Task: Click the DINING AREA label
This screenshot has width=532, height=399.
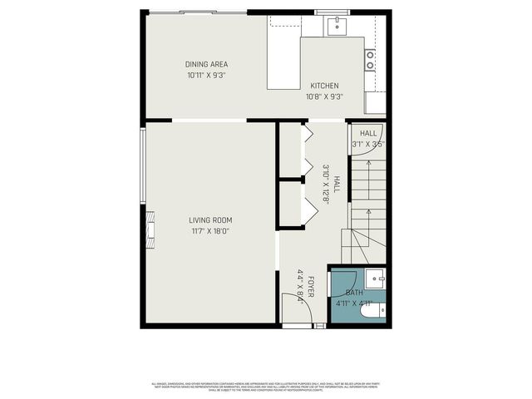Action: coord(207,64)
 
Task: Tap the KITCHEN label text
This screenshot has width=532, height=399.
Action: coord(324,86)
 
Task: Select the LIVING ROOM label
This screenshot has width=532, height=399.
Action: coord(209,219)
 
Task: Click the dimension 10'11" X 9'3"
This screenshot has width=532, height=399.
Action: coord(207,75)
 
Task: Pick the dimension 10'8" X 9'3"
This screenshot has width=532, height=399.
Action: coord(324,96)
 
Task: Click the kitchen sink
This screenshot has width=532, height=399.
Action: coord(337,25)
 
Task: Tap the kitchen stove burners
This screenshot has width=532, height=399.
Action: coord(370,59)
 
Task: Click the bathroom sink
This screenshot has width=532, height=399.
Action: coord(377,278)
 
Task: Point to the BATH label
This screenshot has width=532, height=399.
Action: coord(354,293)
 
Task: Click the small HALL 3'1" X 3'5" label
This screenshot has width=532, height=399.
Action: coord(368,133)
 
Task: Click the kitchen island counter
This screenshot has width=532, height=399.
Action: coord(283,62)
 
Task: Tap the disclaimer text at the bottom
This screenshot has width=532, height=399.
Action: coord(266,386)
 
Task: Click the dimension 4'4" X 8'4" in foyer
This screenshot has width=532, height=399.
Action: coord(300,285)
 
